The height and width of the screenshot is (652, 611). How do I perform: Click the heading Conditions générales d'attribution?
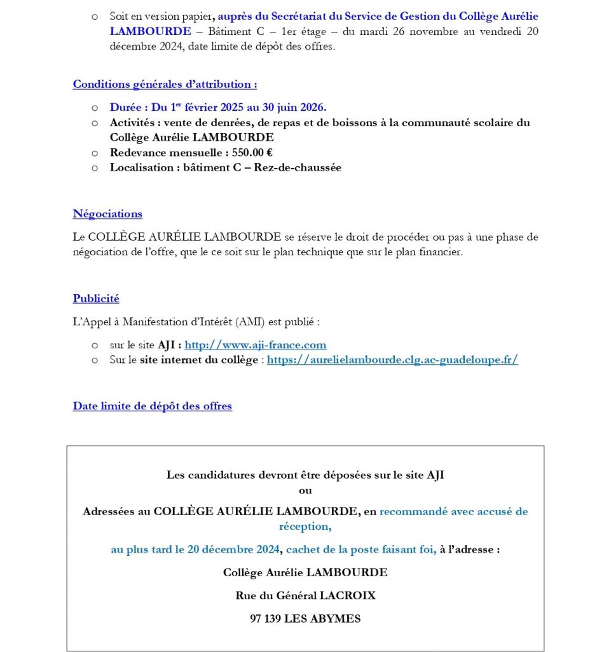point(165,84)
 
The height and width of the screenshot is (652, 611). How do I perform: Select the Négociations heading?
point(107,214)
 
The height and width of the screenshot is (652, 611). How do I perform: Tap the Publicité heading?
point(96,299)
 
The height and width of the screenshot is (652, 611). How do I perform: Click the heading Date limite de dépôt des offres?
point(152,406)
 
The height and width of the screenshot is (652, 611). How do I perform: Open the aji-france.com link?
point(255,345)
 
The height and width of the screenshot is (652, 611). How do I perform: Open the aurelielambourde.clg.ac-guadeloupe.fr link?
point(392,360)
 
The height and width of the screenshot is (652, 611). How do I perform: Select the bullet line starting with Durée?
point(217,108)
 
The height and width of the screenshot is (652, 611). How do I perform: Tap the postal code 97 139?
point(265,618)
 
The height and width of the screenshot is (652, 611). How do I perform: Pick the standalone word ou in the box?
point(305,490)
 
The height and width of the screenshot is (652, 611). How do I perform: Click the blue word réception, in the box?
point(305,527)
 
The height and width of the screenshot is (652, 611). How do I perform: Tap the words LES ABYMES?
point(322,618)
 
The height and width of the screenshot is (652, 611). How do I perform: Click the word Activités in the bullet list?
point(132,122)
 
